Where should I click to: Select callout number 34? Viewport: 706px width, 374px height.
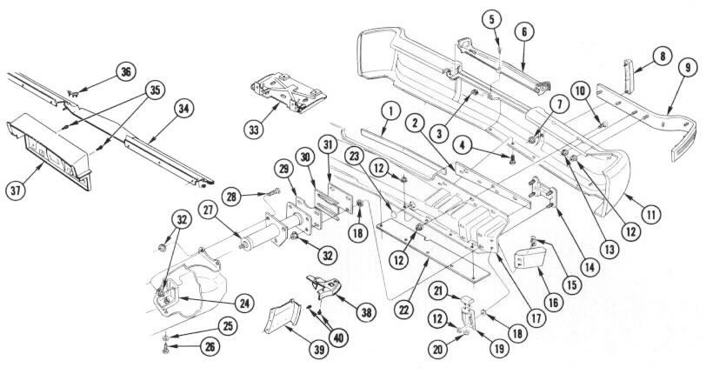tap(183, 108)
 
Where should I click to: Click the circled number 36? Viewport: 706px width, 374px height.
tap(126, 72)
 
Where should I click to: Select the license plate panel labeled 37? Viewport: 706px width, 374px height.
tap(52, 148)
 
